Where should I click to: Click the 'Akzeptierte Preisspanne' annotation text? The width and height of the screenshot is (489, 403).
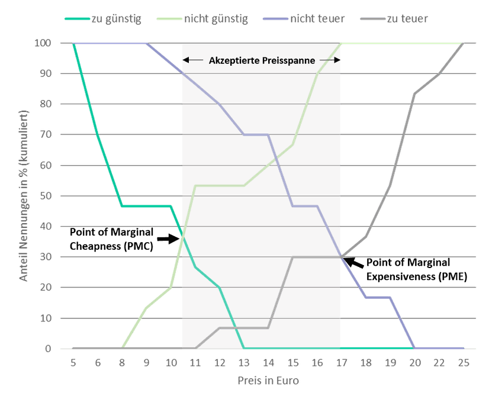pos(262,60)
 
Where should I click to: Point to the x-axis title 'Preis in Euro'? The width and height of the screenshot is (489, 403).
pos(269,381)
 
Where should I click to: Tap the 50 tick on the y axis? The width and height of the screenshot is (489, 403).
pos(47,196)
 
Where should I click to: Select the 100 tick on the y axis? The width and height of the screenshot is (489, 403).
pos(44,43)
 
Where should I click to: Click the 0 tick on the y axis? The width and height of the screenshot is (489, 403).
pos(49,349)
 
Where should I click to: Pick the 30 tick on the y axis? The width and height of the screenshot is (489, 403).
pos(47,257)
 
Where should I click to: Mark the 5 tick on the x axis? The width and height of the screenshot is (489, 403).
pos(73,363)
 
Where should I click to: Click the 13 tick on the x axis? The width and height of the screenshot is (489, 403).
pos(244,363)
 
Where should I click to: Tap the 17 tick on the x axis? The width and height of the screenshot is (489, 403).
pos(341,363)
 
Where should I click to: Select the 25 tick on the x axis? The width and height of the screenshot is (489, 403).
pos(464,363)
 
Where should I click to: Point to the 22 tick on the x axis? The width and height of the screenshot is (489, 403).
pos(439,363)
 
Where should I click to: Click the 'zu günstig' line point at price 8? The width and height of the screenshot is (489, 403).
pos(122,207)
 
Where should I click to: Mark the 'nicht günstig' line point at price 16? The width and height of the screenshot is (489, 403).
pos(317,74)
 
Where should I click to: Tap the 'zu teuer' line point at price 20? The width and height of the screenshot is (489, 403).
pos(414,94)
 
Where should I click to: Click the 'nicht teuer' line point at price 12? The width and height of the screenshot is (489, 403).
pos(220,104)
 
